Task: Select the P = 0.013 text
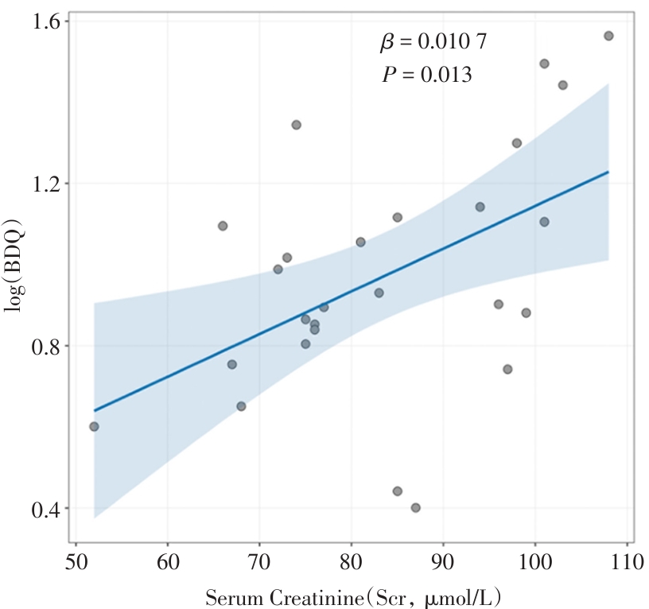pos(426,75)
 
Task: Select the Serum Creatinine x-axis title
pos(355,595)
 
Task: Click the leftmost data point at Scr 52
pos(95,427)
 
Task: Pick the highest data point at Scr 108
pos(608,36)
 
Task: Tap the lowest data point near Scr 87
pos(416,508)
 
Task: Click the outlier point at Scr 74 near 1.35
pos(297,125)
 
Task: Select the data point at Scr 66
pos(223,226)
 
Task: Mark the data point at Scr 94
pos(480,207)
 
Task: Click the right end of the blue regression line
pos(608,171)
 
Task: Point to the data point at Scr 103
pos(563,85)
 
